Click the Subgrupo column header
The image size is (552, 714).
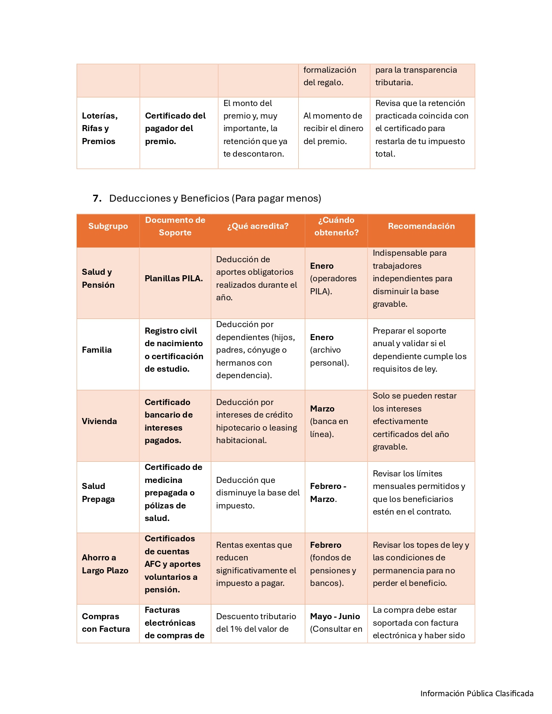pyautogui.click(x=108, y=226)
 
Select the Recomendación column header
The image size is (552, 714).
pyautogui.click(x=421, y=226)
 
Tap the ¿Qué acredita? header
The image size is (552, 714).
pyautogui.click(x=258, y=226)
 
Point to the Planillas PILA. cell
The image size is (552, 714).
pyautogui.click(x=174, y=278)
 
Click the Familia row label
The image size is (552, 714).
pyautogui.click(x=97, y=350)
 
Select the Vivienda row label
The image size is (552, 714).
pyautogui.click(x=99, y=421)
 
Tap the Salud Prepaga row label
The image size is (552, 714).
pyautogui.click(x=98, y=492)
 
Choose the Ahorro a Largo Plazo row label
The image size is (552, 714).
pyautogui.click(x=105, y=564)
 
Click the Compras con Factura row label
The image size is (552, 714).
pyautogui.click(x=106, y=623)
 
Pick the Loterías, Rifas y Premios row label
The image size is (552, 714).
pyautogui.click(x=100, y=128)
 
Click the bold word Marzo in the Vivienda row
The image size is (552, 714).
pyautogui.click(x=322, y=408)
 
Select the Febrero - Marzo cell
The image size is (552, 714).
pyautogui.click(x=328, y=492)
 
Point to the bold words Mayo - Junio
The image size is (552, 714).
pyautogui.click(x=335, y=616)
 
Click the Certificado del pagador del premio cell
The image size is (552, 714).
pyautogui.click(x=175, y=128)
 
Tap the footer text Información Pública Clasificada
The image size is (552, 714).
pyautogui.click(x=477, y=693)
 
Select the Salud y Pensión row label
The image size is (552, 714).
pyautogui.click(x=98, y=278)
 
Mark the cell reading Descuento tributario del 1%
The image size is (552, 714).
pyautogui.click(x=256, y=623)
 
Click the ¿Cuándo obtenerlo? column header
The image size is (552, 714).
pyautogui.click(x=336, y=226)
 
